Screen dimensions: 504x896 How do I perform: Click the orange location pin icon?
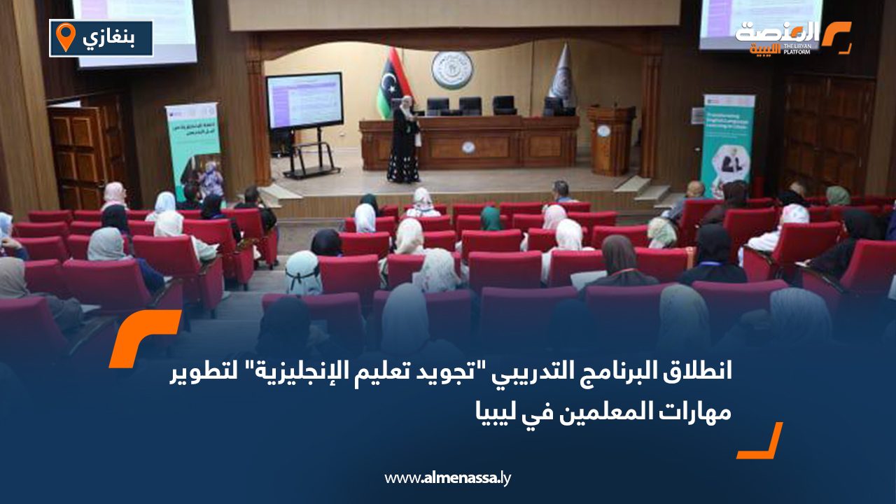pos(65,37)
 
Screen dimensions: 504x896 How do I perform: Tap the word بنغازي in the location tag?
pos(111,38)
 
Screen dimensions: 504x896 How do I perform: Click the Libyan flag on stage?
pos(386,83)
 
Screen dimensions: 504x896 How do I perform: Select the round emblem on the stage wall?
pos(451,70)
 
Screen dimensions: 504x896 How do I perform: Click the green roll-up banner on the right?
pos(727,143)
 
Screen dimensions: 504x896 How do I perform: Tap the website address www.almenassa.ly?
pos(448,478)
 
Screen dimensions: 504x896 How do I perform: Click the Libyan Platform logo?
pos(791,36)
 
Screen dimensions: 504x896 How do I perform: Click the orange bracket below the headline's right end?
pos(761,442)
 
